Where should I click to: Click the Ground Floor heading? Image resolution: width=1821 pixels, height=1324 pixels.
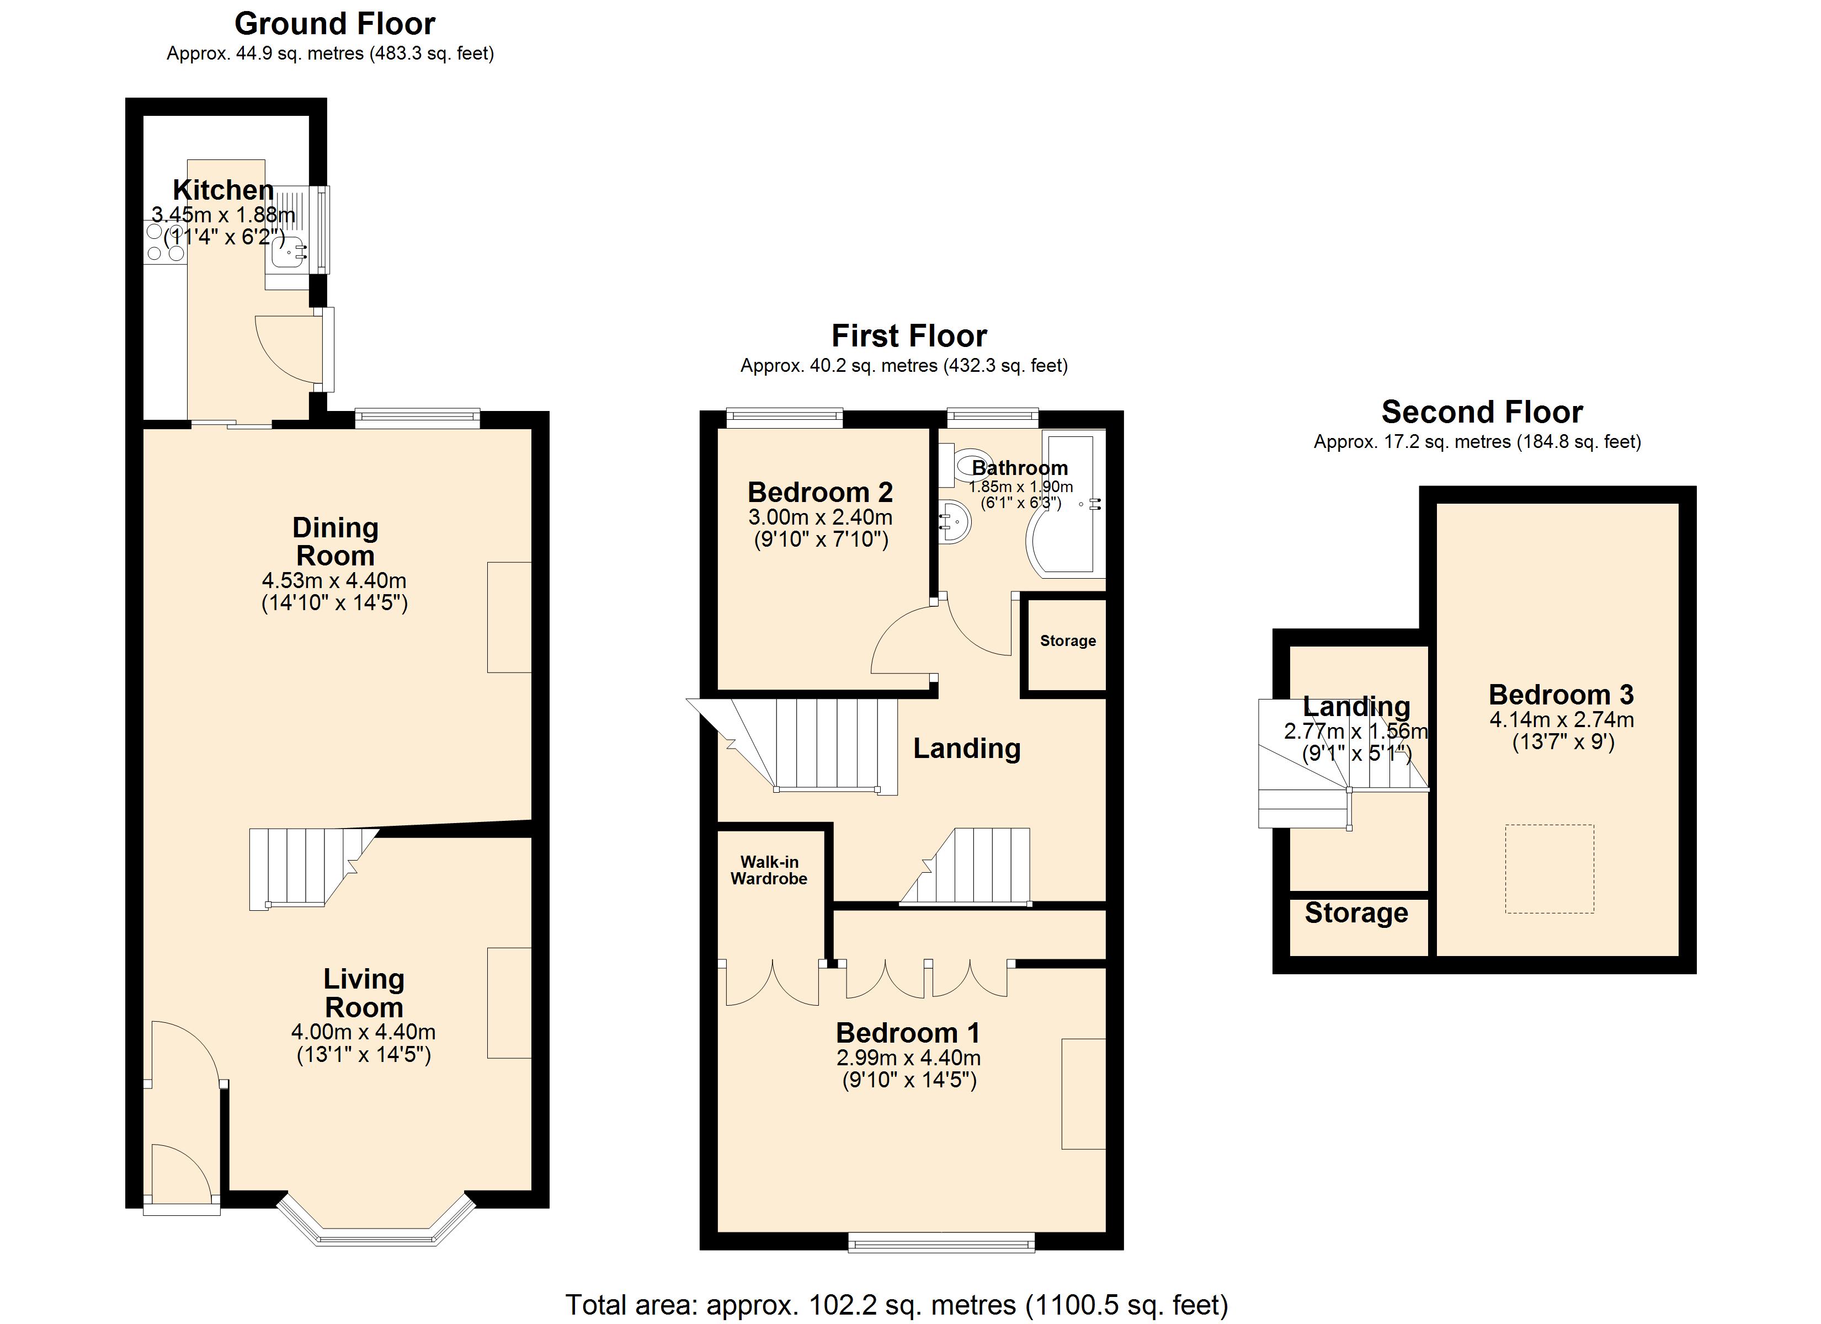pyautogui.click(x=335, y=24)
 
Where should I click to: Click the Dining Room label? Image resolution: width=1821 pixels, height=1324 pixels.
pyautogui.click(x=335, y=541)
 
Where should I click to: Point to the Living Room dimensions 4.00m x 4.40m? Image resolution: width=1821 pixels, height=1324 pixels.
pyautogui.click(x=364, y=1031)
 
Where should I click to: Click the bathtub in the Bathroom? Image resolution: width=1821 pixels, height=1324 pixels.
pyautogui.click(x=1066, y=504)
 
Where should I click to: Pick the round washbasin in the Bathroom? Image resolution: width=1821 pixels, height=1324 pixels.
pyautogui.click(x=955, y=522)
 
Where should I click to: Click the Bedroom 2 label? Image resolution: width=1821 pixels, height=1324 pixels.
pyautogui.click(x=820, y=492)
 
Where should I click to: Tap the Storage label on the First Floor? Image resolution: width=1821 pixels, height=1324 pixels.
pyautogui.click(x=1068, y=640)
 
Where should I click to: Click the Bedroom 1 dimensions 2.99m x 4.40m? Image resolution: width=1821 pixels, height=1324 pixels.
pyautogui.click(x=909, y=1058)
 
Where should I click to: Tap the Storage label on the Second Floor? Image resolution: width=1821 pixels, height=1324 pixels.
pyautogui.click(x=1356, y=913)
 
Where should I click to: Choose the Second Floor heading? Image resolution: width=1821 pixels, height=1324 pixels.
pyautogui.click(x=1482, y=412)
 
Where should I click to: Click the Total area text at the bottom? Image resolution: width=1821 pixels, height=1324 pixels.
pyautogui.click(x=897, y=1305)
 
